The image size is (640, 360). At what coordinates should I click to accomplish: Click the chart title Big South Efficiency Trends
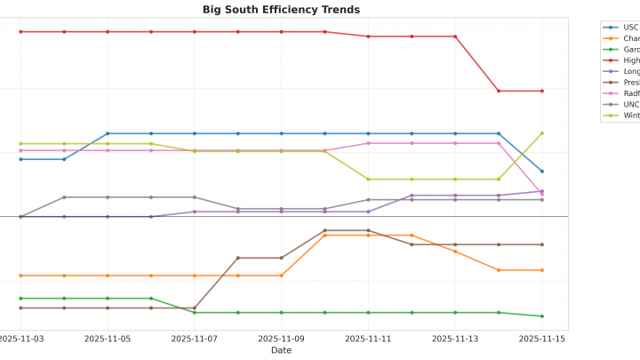point(281,10)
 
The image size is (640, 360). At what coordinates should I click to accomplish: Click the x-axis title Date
point(281,350)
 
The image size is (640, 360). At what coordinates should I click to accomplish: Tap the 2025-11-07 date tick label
point(195,339)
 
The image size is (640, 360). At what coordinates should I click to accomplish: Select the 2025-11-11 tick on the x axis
point(368,339)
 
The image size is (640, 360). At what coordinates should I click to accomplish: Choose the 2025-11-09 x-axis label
point(282,339)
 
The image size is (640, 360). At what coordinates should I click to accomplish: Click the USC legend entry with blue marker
point(630,28)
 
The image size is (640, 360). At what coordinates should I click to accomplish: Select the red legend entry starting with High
point(630,60)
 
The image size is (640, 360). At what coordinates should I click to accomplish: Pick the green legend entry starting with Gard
point(630,50)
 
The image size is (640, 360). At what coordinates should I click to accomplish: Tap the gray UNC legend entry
point(630,104)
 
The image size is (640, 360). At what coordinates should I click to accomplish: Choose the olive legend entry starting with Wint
point(630,116)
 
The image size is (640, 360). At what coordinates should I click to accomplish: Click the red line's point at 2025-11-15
point(542,91)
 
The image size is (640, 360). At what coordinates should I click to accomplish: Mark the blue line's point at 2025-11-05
point(108,133)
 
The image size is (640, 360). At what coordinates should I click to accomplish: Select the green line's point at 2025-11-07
point(195,313)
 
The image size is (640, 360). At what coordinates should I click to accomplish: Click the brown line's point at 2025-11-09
point(282,258)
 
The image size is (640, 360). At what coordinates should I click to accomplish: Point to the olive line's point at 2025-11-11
point(368,180)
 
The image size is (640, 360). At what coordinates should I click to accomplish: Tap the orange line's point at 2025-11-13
point(455,252)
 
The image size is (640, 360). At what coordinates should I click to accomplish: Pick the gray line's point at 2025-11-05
point(108,197)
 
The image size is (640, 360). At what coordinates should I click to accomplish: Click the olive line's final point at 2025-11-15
point(542,133)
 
